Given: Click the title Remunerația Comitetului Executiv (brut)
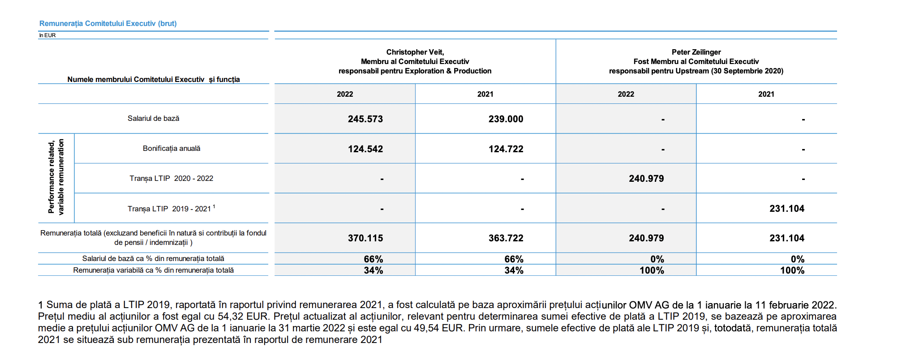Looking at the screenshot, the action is [108, 23].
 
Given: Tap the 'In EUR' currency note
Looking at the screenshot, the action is [47, 35].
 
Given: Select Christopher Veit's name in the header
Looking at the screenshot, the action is [415, 52].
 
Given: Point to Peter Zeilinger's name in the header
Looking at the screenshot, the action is [696, 52].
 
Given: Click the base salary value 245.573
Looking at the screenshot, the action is [365, 119].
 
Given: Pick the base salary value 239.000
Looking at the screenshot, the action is [506, 119].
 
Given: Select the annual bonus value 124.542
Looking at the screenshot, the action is [365, 149].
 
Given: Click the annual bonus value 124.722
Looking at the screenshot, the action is [506, 149].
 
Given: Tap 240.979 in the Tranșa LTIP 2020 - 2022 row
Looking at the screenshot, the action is [646, 179].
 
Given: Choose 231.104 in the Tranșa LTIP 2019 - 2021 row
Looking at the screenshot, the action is [787, 208].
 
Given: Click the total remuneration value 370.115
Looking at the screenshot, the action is [365, 238].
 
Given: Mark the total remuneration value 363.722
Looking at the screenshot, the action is [506, 238].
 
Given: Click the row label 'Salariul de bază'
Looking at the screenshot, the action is [153, 118].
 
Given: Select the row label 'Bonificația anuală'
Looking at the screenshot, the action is [172, 148].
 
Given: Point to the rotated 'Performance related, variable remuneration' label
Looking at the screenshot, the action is [56, 177].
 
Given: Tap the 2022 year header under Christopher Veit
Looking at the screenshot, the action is [345, 94].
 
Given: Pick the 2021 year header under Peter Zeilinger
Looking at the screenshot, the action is [766, 94].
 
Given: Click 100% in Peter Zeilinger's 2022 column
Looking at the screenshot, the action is [652, 270].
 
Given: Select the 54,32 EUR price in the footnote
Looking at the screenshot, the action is [245, 316].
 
